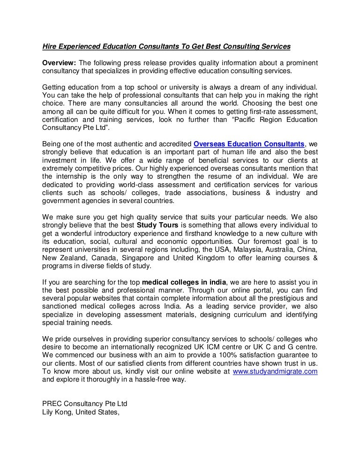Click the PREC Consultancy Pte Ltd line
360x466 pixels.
[85, 404]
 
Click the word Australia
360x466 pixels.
[274, 249]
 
